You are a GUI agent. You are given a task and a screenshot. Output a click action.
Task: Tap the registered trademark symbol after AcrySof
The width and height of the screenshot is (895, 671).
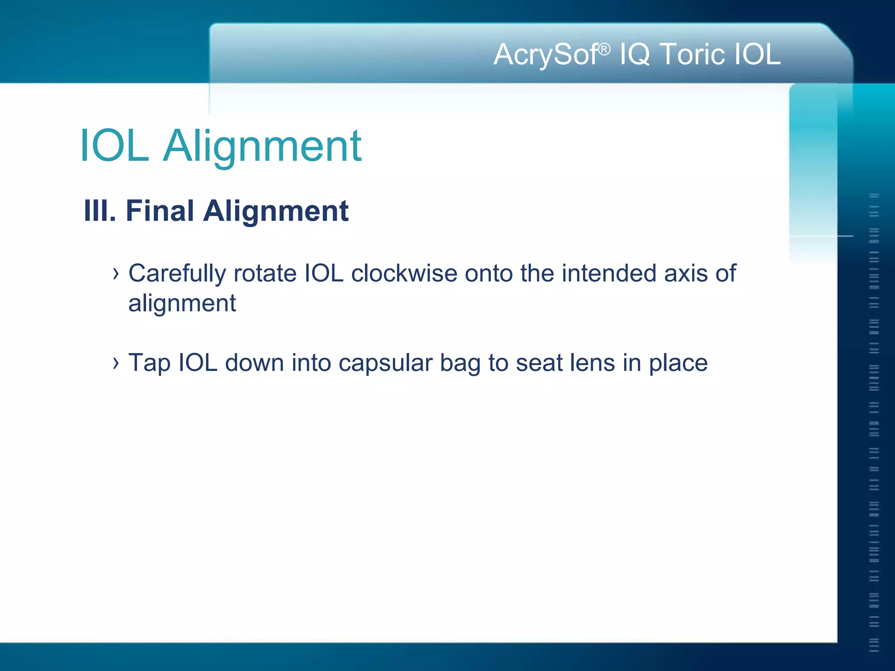click(604, 49)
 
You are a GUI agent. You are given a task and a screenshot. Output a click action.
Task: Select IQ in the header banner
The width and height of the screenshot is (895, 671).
click(635, 55)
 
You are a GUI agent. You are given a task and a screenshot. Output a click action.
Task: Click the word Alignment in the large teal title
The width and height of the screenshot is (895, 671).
click(262, 146)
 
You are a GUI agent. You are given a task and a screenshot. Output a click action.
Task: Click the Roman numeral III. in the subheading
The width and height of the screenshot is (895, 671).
click(100, 211)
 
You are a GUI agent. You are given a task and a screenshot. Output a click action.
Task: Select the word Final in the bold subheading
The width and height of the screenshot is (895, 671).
click(160, 211)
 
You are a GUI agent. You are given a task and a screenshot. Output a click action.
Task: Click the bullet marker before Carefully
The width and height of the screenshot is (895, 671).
click(115, 274)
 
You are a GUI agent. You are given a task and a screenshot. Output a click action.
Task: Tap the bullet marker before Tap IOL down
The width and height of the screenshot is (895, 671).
click(115, 363)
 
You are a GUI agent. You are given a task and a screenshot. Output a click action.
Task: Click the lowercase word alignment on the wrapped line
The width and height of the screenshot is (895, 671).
click(182, 304)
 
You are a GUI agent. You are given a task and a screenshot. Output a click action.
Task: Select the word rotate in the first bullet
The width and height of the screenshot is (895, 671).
click(265, 274)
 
